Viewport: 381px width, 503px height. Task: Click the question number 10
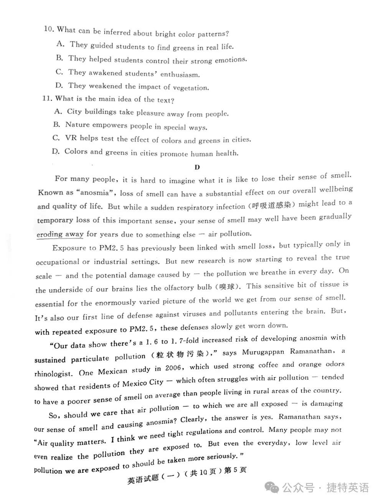coord(49,29)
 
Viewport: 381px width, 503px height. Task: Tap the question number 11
coord(47,98)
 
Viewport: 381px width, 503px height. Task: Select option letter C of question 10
coord(59,72)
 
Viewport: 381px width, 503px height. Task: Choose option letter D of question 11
coord(56,151)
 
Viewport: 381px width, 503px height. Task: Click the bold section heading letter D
coord(197,167)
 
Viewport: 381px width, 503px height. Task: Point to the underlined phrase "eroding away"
coord(60,234)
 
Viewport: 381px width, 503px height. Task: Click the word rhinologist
coord(53,373)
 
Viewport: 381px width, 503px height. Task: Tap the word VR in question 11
coord(71,138)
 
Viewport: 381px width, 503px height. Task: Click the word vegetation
coord(191,88)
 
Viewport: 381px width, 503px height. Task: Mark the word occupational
coord(58,262)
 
